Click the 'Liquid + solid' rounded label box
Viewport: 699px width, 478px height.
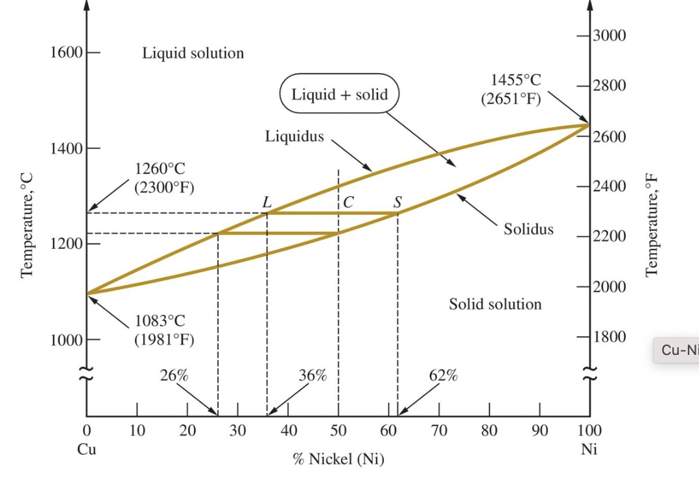(x=339, y=95)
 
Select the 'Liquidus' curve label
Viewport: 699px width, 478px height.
(x=294, y=137)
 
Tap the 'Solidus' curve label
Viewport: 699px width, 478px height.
(x=528, y=229)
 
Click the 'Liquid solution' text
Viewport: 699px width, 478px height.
(x=193, y=53)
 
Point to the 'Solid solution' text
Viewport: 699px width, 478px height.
(x=495, y=304)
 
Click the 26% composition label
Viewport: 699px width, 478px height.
(x=174, y=376)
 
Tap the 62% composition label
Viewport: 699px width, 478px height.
(x=444, y=376)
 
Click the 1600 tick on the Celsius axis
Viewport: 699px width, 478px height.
(x=65, y=52)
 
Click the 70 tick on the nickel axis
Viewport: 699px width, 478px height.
(x=439, y=430)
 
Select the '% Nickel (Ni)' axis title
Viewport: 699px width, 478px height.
(x=338, y=459)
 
